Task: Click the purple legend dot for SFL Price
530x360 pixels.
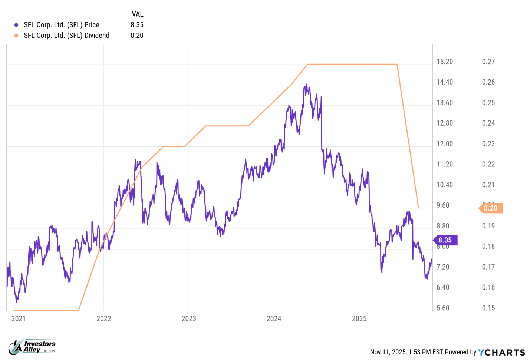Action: pos(16,25)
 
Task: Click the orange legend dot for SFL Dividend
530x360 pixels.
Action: pos(16,36)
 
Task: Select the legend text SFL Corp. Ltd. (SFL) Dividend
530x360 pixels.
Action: pos(66,36)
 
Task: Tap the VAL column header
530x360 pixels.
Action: pos(137,14)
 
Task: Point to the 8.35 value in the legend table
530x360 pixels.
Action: pos(137,25)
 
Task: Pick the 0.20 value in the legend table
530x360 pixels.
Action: pos(137,36)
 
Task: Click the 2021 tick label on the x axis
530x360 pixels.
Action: pos(19,318)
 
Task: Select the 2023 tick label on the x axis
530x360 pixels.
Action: pos(189,318)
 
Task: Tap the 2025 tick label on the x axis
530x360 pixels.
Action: pos(359,318)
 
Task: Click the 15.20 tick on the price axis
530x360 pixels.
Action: pos(444,62)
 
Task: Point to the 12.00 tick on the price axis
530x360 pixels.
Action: pos(444,144)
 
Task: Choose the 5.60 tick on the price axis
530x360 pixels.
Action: pos(443,308)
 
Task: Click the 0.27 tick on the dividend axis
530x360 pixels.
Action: pos(488,62)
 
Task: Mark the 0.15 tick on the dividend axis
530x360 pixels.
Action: pos(488,308)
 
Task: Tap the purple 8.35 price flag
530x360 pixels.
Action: pos(445,240)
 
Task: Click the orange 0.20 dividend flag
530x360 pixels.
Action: pos(491,208)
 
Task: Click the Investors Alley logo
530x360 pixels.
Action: pos(32,347)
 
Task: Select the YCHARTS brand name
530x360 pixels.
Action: pos(501,352)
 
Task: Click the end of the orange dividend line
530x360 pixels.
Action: pos(418,208)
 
